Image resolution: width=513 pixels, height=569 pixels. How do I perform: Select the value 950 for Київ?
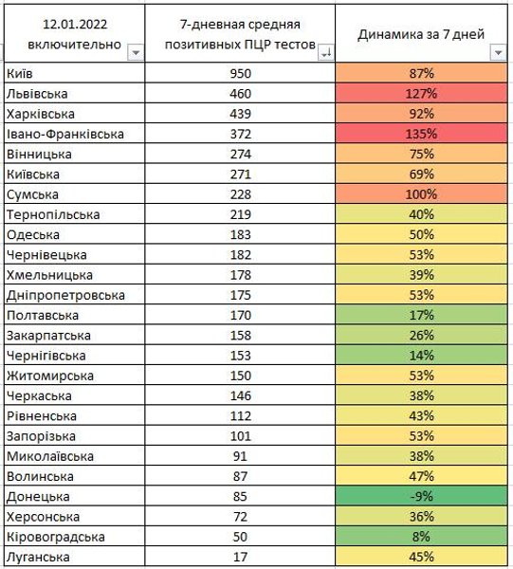(x=246, y=73)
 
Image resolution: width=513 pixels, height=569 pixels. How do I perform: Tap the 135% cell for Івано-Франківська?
(x=421, y=134)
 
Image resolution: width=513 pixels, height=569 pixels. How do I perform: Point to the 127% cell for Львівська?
(x=421, y=93)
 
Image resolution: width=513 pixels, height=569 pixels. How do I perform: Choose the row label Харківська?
(x=38, y=114)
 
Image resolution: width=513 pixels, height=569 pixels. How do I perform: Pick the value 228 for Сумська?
(x=246, y=194)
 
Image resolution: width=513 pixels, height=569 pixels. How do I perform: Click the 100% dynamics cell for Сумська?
(x=421, y=194)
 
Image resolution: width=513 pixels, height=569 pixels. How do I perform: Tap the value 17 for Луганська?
(x=246, y=558)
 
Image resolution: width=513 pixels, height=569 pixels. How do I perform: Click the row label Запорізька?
(x=41, y=436)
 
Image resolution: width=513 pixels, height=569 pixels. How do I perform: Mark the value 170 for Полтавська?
(x=246, y=315)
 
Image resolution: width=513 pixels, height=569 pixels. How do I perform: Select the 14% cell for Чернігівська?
(x=421, y=356)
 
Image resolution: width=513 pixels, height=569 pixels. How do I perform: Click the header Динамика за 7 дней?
(x=421, y=33)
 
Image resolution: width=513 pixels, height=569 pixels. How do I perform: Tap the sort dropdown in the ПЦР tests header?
(x=326, y=53)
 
